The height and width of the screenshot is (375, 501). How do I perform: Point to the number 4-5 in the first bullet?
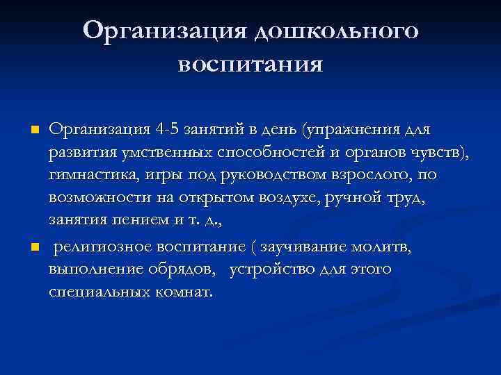165,130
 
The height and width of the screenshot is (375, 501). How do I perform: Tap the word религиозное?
103,247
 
